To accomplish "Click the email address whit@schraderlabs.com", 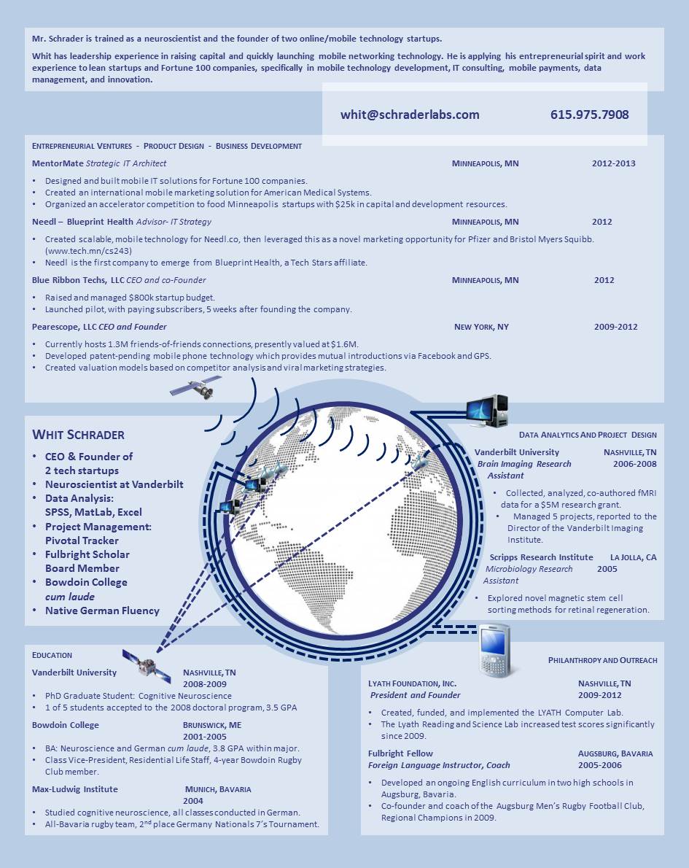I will tap(410, 115).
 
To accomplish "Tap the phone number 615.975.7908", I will tap(589, 115).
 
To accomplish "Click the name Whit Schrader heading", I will tap(78, 435).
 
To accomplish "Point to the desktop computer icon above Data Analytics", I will tap(486, 411).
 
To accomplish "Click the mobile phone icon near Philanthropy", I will tap(494, 650).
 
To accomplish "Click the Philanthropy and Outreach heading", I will tap(602, 660).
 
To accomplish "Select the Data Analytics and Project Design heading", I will tap(588, 435).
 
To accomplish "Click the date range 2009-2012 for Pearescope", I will tap(615, 327).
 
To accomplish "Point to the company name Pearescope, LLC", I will tap(64, 327).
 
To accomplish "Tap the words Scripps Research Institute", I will tap(541, 557).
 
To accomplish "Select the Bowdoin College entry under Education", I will tap(66, 725).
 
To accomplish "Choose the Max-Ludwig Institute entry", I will tap(74, 789).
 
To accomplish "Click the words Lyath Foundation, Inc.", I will tap(412, 683).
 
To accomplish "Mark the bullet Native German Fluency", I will tap(102, 611).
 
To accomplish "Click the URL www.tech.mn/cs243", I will tap(88, 251).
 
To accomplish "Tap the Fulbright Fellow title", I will tap(400, 753).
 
